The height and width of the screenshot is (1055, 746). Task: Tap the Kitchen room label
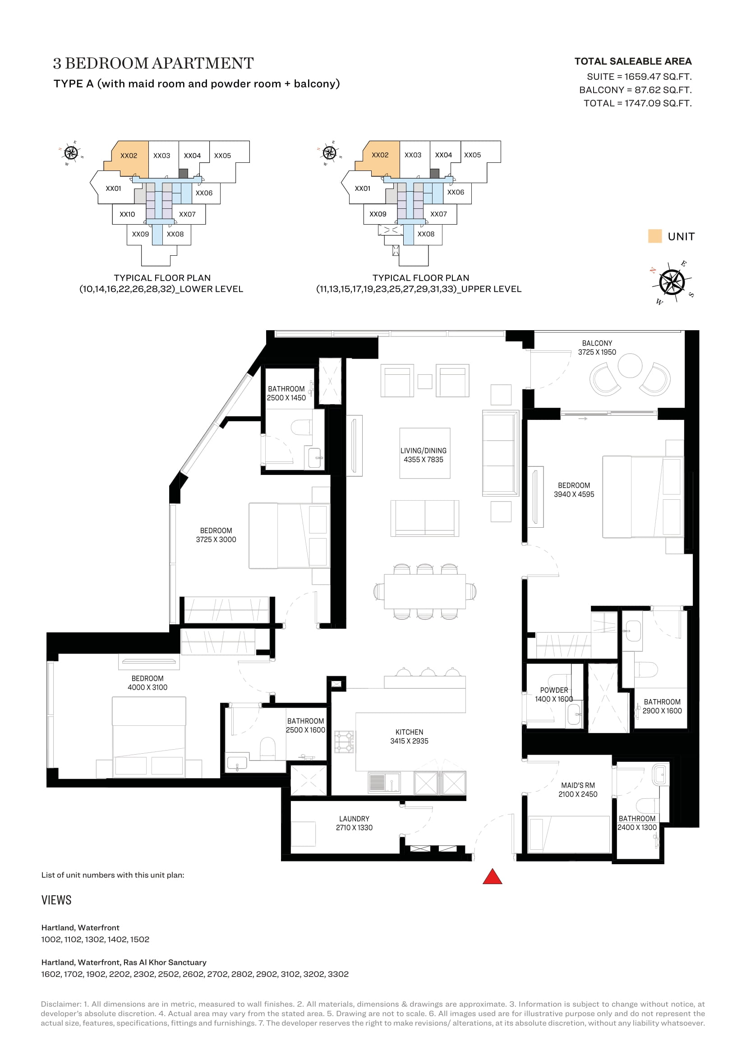[409, 737]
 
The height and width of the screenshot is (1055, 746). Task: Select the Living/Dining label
[424, 455]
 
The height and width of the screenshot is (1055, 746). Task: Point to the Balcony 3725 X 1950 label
[597, 347]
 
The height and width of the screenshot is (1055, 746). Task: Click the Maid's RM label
[578, 790]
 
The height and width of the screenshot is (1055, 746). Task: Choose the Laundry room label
[354, 823]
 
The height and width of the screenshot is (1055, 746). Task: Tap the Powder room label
[554, 694]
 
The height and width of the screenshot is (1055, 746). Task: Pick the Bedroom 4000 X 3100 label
[147, 683]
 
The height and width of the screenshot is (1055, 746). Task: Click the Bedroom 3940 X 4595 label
[574, 490]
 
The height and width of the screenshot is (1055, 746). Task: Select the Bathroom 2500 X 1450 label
[286, 393]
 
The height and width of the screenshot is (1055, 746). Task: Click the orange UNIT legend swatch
[654, 236]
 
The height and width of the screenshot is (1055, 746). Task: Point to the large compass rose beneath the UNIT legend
[672, 281]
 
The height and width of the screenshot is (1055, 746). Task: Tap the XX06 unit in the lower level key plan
[204, 193]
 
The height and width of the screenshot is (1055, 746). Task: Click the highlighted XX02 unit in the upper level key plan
[380, 155]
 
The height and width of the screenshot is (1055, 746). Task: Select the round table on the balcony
[630, 365]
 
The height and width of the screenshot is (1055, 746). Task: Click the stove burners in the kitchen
[344, 742]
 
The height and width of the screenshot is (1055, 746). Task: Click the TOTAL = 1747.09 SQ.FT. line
[638, 103]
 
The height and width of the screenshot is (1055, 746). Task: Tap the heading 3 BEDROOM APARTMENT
[153, 63]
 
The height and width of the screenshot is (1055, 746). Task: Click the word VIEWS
[56, 900]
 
